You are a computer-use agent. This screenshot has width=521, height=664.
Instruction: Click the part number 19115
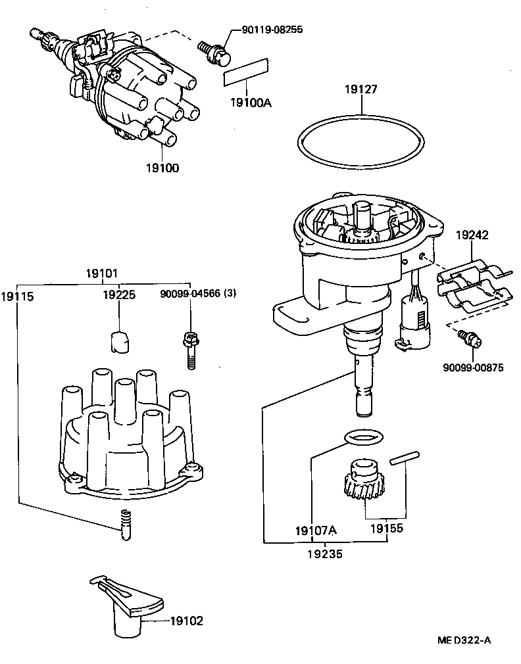17,296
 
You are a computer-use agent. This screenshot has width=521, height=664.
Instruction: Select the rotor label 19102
187,620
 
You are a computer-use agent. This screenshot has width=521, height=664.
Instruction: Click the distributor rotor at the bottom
125,602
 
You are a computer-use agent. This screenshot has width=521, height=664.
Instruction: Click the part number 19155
385,528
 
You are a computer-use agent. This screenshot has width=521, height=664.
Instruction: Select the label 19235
325,554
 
